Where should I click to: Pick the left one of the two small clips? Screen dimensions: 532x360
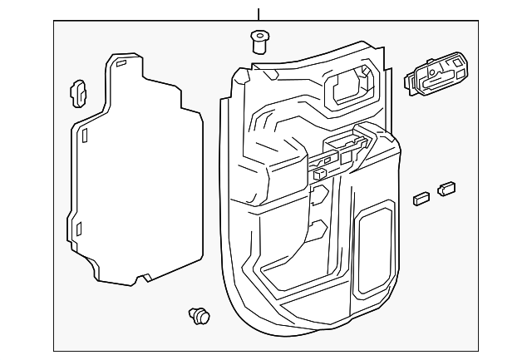[x=420, y=198]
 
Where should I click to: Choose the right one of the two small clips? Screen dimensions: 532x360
[x=447, y=189]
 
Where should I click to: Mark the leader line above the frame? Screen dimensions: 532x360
[x=259, y=13]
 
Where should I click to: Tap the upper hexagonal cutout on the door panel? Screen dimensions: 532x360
[x=318, y=197]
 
